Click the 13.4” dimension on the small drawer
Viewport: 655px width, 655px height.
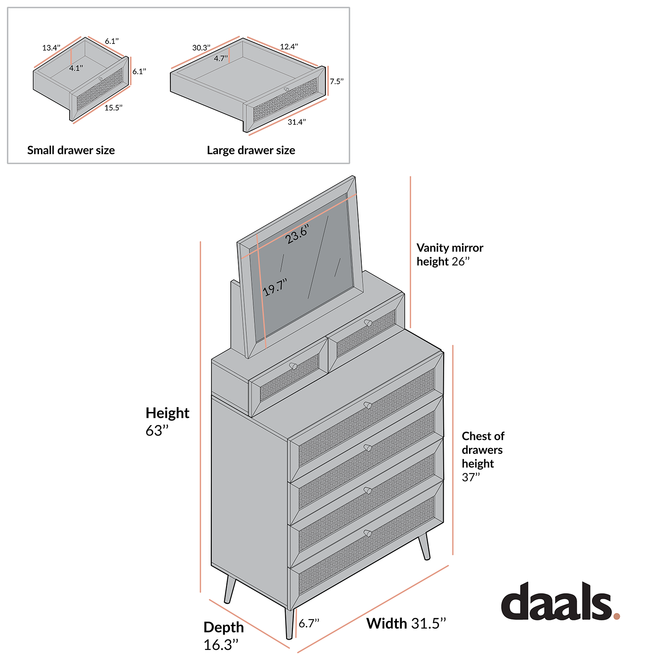51,48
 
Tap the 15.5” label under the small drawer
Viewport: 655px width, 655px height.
113,108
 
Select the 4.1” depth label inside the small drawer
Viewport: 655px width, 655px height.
76,68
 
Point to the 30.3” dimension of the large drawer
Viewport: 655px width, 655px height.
201,48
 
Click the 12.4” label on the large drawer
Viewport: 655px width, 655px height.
289,46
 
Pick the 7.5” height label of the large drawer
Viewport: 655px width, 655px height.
337,82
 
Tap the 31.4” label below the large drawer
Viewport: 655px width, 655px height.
297,122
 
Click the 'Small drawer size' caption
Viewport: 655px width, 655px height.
71,150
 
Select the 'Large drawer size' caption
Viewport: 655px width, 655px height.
251,150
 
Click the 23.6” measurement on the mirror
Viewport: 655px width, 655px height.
297,234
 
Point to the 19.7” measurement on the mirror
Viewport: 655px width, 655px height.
275,287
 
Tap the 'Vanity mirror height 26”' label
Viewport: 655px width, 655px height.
450,254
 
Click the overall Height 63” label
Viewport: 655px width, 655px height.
167,421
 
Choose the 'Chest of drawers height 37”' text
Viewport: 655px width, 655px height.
483,456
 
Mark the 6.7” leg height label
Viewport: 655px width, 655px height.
309,623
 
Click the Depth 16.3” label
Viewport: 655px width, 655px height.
224,636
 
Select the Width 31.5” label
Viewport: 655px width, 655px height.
406,623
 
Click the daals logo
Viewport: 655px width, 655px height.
560,601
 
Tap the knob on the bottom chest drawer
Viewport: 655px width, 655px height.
368,533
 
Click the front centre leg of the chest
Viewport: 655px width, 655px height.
289,624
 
